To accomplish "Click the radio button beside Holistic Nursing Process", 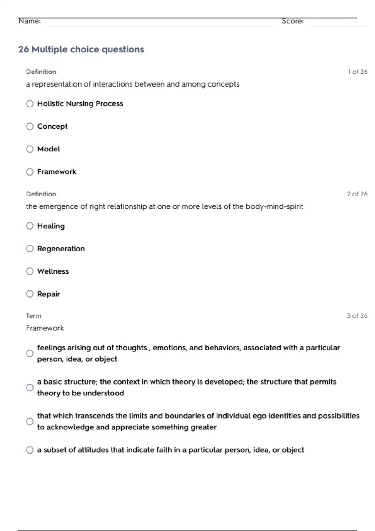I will [30, 104].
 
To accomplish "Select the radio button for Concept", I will [30, 127].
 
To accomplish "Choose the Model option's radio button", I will [30, 149].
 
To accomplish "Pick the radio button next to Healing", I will [30, 226].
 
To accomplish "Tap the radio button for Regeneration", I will [30, 249].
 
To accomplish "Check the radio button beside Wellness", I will [30, 271].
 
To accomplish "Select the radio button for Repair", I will [30, 294].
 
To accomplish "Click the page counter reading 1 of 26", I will [358, 72].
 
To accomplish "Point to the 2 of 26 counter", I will [357, 194].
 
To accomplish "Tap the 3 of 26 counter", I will [357, 316].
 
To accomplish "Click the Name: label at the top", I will [29, 21].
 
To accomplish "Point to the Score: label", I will [293, 21].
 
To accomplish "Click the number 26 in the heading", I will [23, 49].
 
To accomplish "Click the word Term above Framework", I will [34, 316].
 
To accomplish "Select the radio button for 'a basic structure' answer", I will [30, 388].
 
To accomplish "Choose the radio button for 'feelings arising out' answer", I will [30, 354].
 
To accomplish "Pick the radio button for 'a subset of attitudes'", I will [30, 450].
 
